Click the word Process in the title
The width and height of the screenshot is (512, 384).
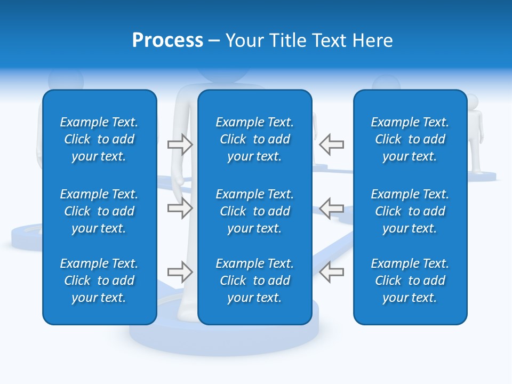[x=167, y=41]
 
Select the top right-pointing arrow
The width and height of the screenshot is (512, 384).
[x=180, y=145]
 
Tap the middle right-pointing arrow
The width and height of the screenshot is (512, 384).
[x=180, y=208]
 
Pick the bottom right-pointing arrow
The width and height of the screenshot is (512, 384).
[x=180, y=272]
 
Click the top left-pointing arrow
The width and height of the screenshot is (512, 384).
[x=331, y=145]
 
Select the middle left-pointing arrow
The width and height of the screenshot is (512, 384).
[x=331, y=208]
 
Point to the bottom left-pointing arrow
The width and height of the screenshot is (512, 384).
[x=331, y=272]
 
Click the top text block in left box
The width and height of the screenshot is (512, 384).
[x=99, y=139]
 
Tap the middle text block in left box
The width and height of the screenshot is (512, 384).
[x=99, y=211]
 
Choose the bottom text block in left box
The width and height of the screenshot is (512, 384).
[x=99, y=281]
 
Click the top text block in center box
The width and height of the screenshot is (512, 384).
[x=254, y=139]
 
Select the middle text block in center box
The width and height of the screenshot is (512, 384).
[x=254, y=211]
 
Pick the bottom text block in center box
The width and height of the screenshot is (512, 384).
[x=254, y=281]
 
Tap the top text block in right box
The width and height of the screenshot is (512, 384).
[x=410, y=139]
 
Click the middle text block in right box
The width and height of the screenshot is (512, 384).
[x=410, y=211]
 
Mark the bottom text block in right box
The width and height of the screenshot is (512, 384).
[x=410, y=281]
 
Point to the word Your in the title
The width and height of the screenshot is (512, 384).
[x=243, y=41]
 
